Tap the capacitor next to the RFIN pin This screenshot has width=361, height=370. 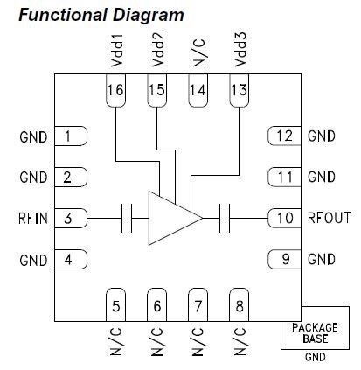coord(127,218)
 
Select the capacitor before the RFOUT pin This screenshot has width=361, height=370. coord(225,218)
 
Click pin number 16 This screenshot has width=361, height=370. coord(115,90)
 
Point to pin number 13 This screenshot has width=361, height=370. coord(240,90)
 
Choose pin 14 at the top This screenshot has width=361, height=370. coord(198,90)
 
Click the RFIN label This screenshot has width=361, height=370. coord(33,219)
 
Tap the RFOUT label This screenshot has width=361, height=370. coord(330,218)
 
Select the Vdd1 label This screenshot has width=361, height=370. coord(117,51)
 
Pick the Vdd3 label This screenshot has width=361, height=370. coord(240,49)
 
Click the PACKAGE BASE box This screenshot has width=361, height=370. coord(315,328)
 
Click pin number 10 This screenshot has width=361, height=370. coord(284,218)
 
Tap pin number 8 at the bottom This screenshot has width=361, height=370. coord(240,304)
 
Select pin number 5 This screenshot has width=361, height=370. coord(115,304)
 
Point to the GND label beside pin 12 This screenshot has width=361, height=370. coord(322,136)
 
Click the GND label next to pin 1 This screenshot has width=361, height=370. coord(33,137)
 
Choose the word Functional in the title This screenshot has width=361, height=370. coord(63,15)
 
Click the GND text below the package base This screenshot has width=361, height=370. coord(316,357)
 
